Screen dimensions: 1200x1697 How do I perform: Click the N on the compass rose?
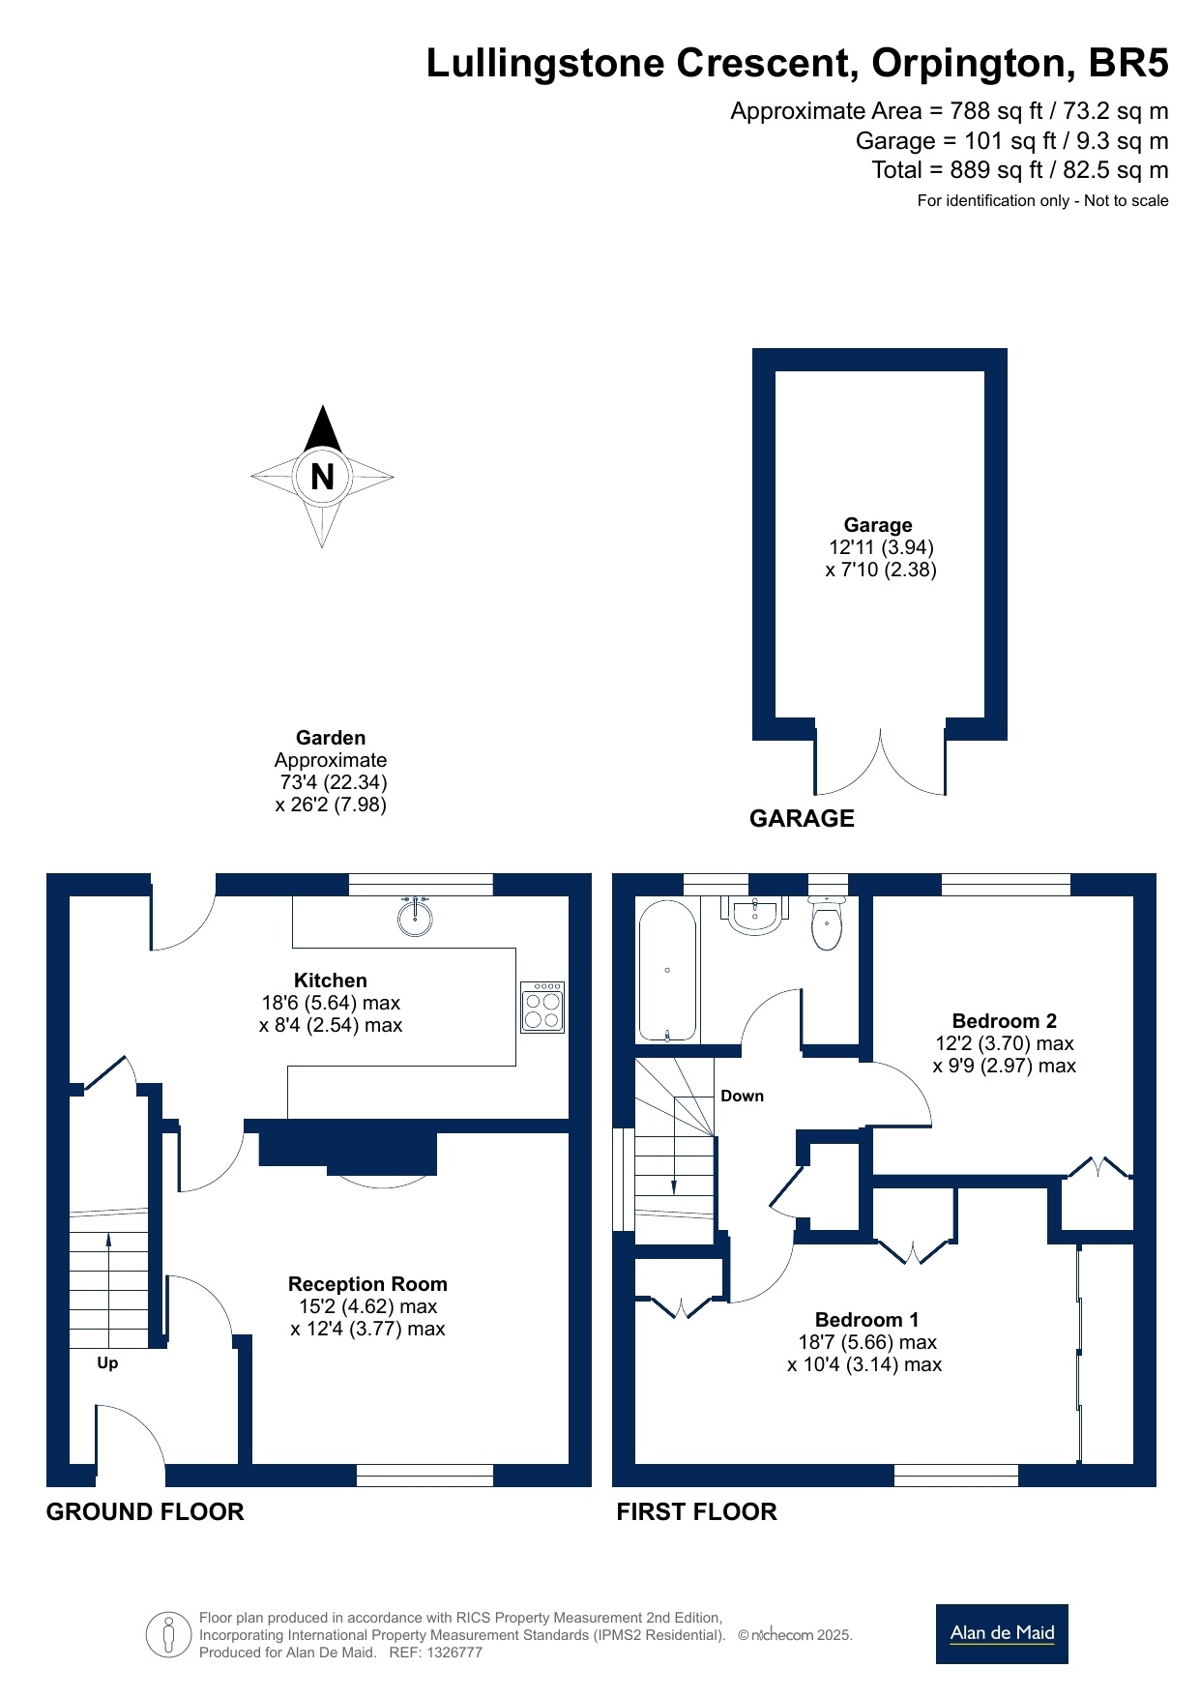(x=322, y=477)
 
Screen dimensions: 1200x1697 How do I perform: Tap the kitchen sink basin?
(x=415, y=917)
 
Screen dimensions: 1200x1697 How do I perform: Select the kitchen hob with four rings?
(x=542, y=1008)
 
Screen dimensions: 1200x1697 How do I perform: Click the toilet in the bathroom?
(x=827, y=923)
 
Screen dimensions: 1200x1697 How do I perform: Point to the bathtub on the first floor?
(x=667, y=970)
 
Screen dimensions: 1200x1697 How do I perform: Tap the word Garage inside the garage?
(x=878, y=525)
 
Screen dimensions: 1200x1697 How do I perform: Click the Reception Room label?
(x=367, y=1284)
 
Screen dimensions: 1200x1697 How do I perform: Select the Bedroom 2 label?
(x=1005, y=1021)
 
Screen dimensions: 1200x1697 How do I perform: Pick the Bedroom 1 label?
(x=866, y=1320)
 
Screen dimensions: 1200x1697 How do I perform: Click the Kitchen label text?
(x=331, y=980)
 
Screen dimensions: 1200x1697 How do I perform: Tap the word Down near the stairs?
(x=743, y=1096)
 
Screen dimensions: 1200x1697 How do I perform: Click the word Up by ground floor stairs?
(x=107, y=1363)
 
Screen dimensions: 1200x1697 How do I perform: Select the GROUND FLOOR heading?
(x=145, y=1512)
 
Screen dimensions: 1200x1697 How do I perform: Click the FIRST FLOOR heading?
(x=697, y=1512)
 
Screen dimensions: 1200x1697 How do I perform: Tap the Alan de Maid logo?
(x=1002, y=1634)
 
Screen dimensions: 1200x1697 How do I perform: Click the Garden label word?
(x=331, y=738)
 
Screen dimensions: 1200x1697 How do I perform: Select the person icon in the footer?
(x=169, y=1635)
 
